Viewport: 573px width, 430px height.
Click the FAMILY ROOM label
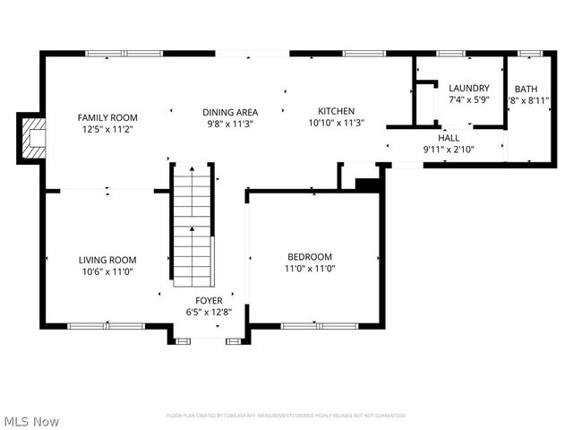[x=107, y=117]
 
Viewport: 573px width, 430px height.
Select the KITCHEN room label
[x=336, y=111]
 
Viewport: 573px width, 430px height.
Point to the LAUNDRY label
[x=468, y=88]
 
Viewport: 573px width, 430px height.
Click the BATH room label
[x=525, y=88]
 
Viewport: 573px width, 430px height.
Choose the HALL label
[x=448, y=138]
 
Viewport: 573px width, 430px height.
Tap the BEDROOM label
[x=310, y=256]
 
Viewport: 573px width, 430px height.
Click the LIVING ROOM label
[x=107, y=260]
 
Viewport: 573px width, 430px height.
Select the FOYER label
[x=210, y=301]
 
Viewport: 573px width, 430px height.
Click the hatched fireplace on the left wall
[x=34, y=139]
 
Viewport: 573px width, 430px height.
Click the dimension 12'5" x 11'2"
[x=107, y=129]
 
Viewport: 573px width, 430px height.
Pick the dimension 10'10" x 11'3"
[x=336, y=123]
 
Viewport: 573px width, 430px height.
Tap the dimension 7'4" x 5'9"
[x=468, y=99]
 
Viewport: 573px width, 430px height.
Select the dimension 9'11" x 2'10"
[x=448, y=150]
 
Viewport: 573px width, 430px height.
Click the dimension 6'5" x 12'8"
[x=210, y=313]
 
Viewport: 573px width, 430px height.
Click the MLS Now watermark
[x=31, y=420]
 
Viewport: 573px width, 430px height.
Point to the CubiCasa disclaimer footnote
[x=286, y=416]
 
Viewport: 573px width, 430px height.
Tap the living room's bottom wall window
[x=92, y=326]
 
